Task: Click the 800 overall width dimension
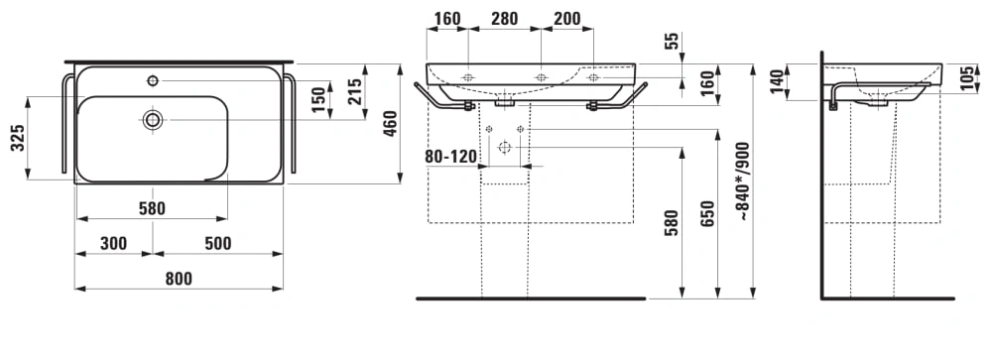(179, 279)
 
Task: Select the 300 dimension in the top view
(114, 243)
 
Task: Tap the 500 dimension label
(217, 243)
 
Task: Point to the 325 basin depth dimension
(18, 137)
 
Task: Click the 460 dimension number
(390, 124)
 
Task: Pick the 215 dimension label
(355, 91)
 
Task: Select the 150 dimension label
(318, 100)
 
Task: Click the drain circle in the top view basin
(153, 119)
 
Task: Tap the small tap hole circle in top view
(153, 80)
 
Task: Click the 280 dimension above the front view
(504, 19)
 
